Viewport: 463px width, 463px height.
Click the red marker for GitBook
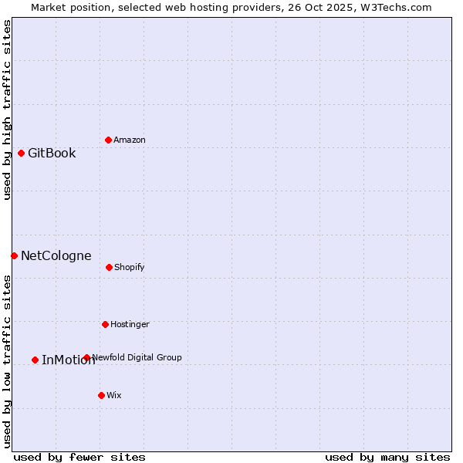[21, 153]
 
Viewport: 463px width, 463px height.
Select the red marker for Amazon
[108, 140]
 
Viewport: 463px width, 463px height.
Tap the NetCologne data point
[14, 255]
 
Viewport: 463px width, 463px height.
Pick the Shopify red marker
[109, 267]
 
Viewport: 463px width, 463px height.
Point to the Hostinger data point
[105, 324]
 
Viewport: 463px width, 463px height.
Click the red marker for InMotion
[35, 360]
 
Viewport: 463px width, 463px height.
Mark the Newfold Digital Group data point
[86, 357]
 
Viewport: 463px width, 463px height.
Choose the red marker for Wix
[101, 395]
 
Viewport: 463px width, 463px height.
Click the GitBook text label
[52, 153]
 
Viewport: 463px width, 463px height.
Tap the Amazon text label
[130, 140]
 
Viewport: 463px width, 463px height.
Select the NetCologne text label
[56, 255]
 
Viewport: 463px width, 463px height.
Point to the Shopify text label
[130, 267]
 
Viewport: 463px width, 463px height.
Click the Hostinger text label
[130, 324]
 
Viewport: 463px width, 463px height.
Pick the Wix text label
[114, 395]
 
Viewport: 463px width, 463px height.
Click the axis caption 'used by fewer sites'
[79, 457]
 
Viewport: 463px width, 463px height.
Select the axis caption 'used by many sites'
[387, 457]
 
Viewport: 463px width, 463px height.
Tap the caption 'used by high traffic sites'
[7, 110]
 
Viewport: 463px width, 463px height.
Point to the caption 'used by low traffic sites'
[7, 361]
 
